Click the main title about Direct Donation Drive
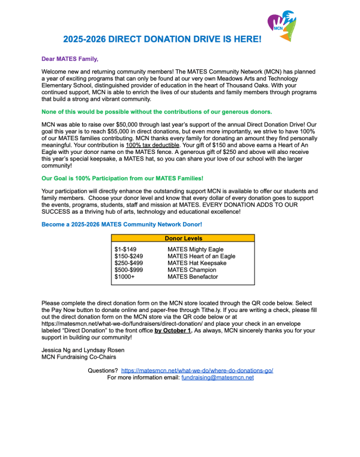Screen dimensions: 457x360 (x=162, y=39)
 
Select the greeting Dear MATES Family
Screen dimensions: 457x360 (x=70, y=58)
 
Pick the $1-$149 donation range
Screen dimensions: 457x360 (x=126, y=249)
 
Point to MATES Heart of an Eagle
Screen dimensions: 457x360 (x=201, y=256)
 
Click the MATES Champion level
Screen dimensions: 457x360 (x=192, y=270)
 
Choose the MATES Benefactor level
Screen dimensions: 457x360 (x=193, y=277)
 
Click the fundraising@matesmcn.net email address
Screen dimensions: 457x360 (x=218, y=378)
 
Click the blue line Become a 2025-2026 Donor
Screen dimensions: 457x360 (x=122, y=224)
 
